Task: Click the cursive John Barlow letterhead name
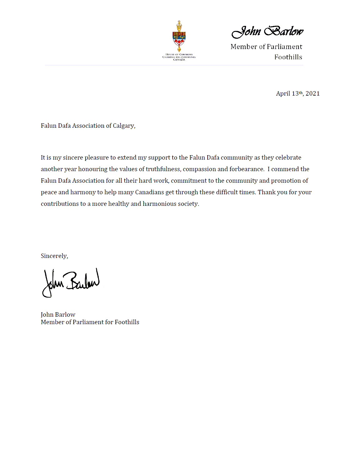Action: tap(267, 31)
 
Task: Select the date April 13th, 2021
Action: tap(298, 93)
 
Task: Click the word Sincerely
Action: tap(54, 256)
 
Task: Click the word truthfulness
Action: tap(163, 169)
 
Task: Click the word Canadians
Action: tap(149, 192)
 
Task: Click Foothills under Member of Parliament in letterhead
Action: tap(288, 57)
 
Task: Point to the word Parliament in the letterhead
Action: tap(284, 47)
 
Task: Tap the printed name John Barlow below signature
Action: tap(58, 314)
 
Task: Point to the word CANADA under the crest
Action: tap(179, 60)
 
